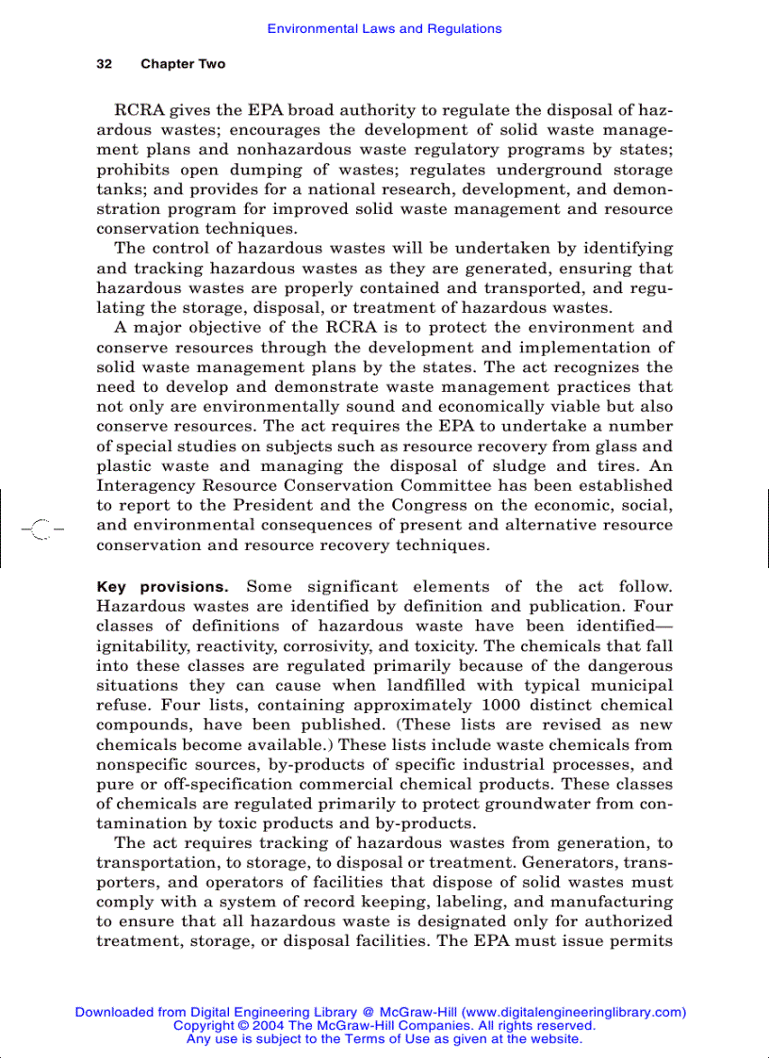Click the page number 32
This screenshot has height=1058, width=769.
105,64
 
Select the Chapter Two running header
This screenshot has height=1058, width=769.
183,64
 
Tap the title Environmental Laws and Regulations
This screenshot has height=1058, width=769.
384,28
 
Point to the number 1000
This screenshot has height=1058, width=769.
502,705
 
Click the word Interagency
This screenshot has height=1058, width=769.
142,486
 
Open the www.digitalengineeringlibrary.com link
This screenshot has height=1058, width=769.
572,1013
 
